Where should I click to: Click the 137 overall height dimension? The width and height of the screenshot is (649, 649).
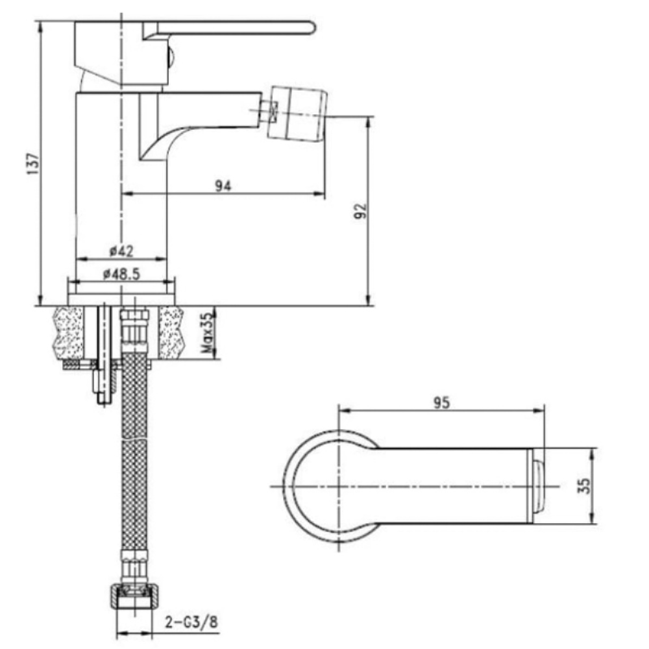click(x=33, y=164)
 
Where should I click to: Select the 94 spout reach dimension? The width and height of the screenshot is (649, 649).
click(x=223, y=186)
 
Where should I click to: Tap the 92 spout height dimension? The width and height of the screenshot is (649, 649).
click(x=360, y=211)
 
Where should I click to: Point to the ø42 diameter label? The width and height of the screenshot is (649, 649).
click(x=121, y=251)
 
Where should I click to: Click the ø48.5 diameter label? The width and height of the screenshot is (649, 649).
click(x=121, y=274)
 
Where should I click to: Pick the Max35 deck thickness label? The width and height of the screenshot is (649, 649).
click(x=208, y=333)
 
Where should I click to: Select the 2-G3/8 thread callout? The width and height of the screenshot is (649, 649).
click(x=191, y=622)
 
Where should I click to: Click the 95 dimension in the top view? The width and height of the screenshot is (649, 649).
click(x=441, y=403)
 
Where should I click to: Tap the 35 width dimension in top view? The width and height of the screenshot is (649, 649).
click(x=584, y=486)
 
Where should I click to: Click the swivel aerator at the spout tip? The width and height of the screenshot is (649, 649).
click(x=298, y=114)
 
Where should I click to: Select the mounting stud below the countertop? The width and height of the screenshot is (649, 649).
click(x=104, y=354)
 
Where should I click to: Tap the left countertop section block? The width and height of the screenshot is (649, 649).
click(x=68, y=332)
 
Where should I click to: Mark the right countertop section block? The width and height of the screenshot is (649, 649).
click(x=171, y=332)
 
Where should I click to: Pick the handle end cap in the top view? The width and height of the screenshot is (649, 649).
click(x=537, y=486)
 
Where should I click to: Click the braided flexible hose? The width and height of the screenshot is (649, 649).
click(x=134, y=451)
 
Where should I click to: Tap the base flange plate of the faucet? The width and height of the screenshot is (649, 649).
click(x=121, y=299)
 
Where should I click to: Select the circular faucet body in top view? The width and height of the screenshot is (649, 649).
click(x=331, y=486)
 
